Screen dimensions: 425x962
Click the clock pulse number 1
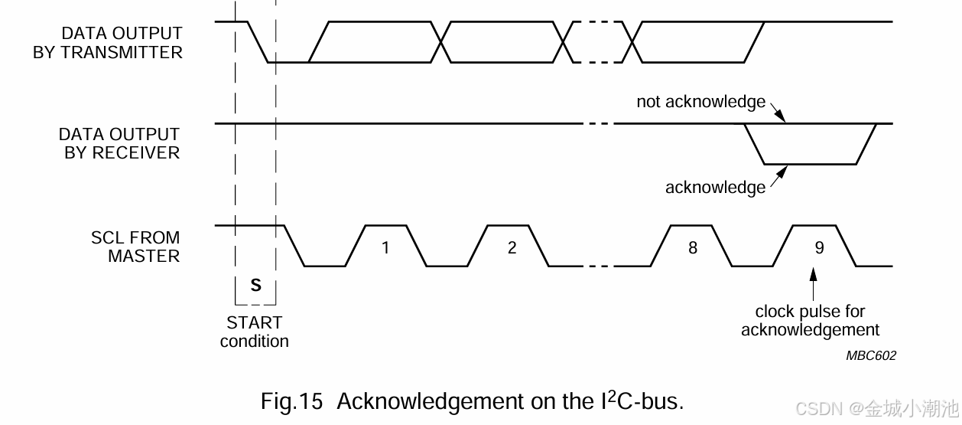click(x=385, y=247)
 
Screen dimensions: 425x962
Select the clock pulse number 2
click(x=512, y=247)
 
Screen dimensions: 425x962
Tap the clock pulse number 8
click(x=693, y=247)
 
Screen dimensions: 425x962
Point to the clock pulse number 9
click(x=819, y=247)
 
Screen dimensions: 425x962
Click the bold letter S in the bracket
click(x=256, y=286)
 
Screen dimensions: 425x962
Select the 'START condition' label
click(x=255, y=332)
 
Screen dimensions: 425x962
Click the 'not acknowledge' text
click(x=700, y=102)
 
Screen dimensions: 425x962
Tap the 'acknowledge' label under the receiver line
click(x=715, y=188)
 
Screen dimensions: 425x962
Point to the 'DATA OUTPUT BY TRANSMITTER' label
click(x=108, y=43)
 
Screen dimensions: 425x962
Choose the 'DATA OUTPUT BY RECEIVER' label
click(x=119, y=143)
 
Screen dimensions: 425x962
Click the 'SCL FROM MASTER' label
click(x=135, y=247)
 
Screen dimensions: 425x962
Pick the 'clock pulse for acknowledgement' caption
click(x=810, y=321)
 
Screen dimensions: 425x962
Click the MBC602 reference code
click(x=871, y=355)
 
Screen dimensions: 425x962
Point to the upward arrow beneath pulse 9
click(x=814, y=284)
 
